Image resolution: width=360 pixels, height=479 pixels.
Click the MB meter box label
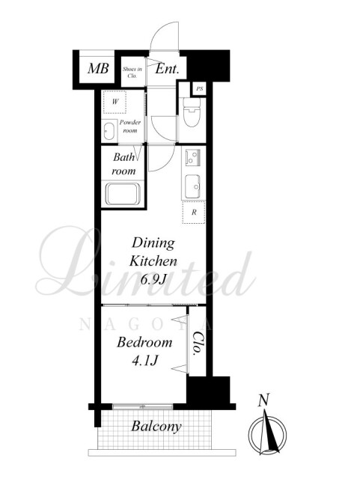click(x=98, y=68)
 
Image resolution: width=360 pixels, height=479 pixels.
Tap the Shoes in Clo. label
click(x=132, y=72)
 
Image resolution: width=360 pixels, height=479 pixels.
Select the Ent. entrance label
click(x=167, y=69)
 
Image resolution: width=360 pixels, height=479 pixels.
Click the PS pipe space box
click(x=199, y=89)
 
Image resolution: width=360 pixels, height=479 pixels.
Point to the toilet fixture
click(x=192, y=112)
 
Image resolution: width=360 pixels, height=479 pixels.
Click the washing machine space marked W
click(x=115, y=102)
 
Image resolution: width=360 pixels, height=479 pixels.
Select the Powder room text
click(x=130, y=126)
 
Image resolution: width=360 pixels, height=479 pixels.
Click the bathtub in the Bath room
click(x=123, y=194)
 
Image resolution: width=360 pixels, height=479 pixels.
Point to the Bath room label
click(x=123, y=164)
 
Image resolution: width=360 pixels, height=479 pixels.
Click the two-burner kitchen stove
click(x=192, y=158)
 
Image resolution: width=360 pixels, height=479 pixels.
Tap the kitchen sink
click(x=193, y=186)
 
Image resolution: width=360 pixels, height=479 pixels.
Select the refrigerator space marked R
click(x=194, y=213)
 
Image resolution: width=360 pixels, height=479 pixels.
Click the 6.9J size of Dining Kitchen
click(x=153, y=279)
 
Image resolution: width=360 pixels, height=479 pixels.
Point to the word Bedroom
click(x=144, y=342)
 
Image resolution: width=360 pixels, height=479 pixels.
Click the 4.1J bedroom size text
click(x=145, y=361)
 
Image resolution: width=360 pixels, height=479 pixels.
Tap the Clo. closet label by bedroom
click(x=198, y=344)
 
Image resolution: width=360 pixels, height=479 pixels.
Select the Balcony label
click(x=156, y=426)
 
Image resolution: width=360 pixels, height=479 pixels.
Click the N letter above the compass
click(x=263, y=400)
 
